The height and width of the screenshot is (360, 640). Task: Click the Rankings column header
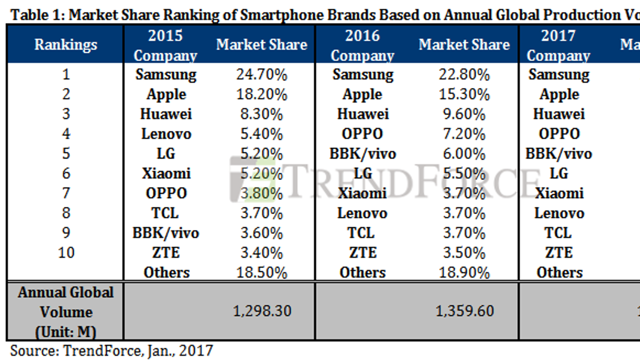point(66,44)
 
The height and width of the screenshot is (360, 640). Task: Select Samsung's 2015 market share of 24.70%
point(262,74)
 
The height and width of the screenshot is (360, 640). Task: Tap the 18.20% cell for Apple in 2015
point(262,94)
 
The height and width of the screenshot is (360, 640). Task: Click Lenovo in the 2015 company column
point(166,134)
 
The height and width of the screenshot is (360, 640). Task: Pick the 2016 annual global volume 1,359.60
point(464,311)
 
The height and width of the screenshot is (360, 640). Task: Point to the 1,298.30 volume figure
point(262,311)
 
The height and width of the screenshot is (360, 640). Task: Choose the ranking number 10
point(66,252)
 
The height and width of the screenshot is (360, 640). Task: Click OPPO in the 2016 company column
point(362,134)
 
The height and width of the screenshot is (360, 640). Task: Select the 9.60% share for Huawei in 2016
point(464,114)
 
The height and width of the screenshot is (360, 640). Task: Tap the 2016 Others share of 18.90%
point(464,272)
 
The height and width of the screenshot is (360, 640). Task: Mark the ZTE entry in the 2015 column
point(166,252)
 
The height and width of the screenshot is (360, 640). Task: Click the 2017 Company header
point(558,45)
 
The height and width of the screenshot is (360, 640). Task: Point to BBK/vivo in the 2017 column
point(558,154)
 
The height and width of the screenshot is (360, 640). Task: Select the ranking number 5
point(66,154)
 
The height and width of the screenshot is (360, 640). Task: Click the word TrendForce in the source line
point(102,351)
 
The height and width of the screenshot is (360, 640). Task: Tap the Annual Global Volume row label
point(66,312)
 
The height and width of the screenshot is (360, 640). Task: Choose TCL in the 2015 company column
point(165,213)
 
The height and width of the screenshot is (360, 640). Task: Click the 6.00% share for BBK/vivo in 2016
point(464,154)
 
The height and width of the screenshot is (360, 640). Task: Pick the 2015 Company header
point(165,45)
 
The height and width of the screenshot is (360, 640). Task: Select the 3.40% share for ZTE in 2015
point(262,252)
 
